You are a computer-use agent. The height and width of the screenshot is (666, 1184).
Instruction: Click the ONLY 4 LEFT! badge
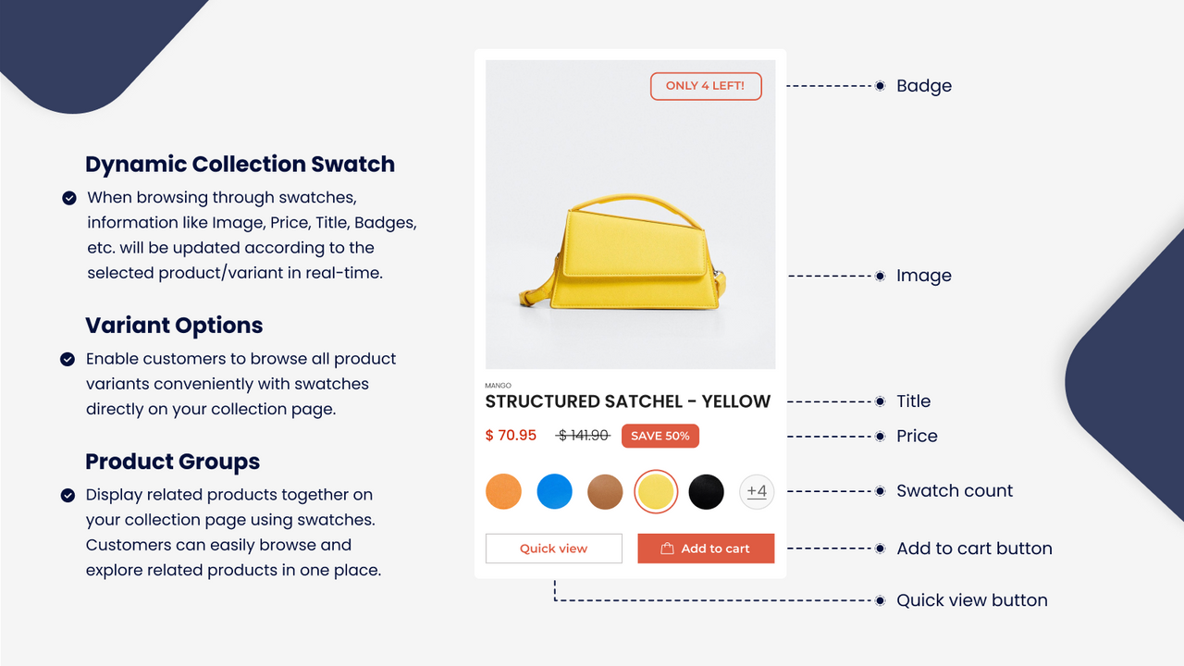[706, 86]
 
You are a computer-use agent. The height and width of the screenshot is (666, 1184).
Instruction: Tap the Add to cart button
[706, 549]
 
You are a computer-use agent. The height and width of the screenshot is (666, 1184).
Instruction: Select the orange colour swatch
[503, 491]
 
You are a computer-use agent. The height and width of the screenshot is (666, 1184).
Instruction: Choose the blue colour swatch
[555, 491]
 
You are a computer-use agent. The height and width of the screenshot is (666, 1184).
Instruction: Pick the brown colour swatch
[606, 491]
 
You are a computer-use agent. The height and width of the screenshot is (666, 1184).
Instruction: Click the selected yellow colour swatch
[656, 491]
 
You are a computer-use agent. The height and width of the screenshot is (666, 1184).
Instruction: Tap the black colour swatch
[707, 491]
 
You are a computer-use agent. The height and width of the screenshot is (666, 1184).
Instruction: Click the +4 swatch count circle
[757, 491]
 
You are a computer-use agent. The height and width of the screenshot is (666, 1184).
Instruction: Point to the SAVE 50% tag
[660, 436]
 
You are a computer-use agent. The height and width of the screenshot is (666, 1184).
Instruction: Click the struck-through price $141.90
[584, 436]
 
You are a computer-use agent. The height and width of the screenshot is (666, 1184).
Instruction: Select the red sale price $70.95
[511, 436]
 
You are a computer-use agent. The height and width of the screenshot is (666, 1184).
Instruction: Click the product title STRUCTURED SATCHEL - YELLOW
[627, 401]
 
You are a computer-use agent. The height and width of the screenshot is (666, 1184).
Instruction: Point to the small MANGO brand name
[498, 386]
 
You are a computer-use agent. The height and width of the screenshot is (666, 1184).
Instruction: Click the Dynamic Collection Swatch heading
[240, 165]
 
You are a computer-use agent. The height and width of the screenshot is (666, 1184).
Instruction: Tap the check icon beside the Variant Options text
[68, 359]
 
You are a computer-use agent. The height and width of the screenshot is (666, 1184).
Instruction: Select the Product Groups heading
[172, 462]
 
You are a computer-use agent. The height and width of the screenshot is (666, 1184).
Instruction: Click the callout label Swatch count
[955, 491]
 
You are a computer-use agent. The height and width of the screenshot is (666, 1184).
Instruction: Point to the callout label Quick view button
[971, 600]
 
